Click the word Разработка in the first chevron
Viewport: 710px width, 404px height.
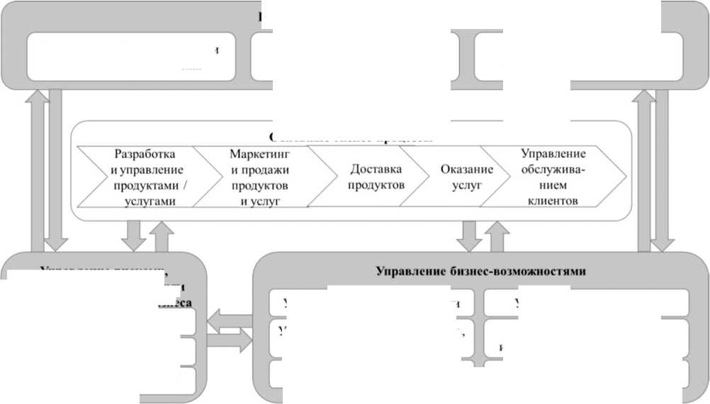click(145, 154)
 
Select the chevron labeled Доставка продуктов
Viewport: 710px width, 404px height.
click(376, 177)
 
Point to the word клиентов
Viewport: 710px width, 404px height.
click(553, 200)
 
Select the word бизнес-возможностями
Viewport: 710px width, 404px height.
click(520, 271)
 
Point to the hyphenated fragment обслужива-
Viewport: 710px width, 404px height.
click(553, 169)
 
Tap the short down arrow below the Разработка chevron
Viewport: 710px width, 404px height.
click(133, 235)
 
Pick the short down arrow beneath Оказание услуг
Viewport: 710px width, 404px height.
click(468, 235)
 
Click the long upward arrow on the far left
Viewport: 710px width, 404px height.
click(35, 170)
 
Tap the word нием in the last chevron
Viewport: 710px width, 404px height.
click(553, 185)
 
